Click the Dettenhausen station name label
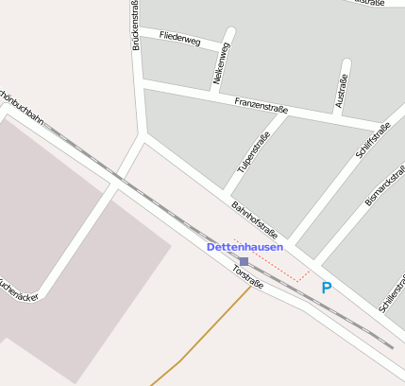[x=245, y=247]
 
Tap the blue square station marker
[x=244, y=261]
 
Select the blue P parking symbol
[x=327, y=288]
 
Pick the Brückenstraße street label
[x=137, y=26]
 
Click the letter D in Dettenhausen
[x=211, y=247]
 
